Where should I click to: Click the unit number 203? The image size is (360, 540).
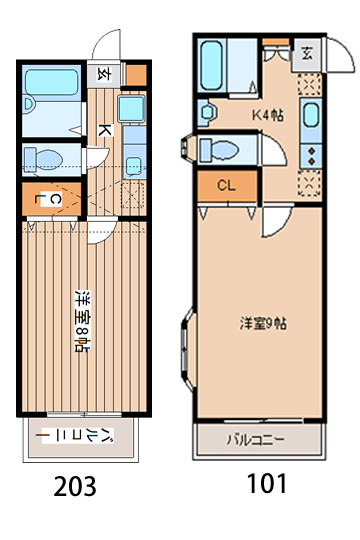tap(75, 486)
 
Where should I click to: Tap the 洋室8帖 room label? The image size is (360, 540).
tap(80, 322)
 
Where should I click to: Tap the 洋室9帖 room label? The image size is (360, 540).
tap(264, 323)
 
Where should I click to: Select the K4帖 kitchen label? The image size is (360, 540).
tap(267, 114)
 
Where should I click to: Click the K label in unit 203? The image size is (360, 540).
tap(103, 129)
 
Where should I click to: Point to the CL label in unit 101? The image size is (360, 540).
tap(226, 185)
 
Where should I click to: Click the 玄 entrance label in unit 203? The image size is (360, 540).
tap(104, 72)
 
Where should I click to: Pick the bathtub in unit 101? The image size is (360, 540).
tap(212, 65)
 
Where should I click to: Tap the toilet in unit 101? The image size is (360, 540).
tap(222, 150)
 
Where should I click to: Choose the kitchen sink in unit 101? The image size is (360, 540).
tap(310, 118)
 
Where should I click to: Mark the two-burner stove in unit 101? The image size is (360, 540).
tap(310, 154)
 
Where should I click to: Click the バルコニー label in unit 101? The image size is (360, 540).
tap(255, 439)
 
